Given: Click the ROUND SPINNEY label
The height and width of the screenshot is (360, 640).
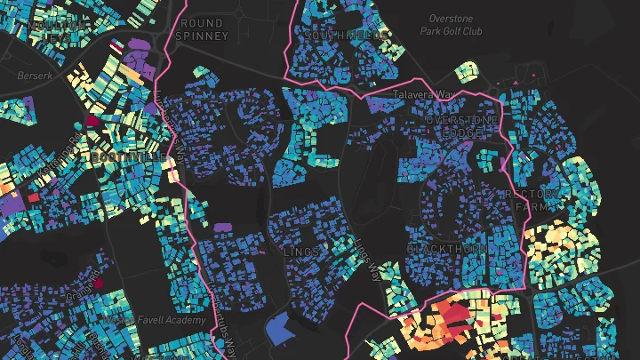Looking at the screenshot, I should (204, 28).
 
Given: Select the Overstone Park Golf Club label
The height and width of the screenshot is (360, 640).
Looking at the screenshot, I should (455, 24).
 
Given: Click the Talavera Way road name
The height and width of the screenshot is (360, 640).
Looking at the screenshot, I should (423, 92).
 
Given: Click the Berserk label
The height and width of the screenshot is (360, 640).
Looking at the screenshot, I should (36, 76).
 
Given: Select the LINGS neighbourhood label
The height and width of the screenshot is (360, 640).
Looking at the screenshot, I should (300, 252).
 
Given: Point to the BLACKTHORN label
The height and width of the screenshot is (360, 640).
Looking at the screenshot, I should (446, 249).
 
